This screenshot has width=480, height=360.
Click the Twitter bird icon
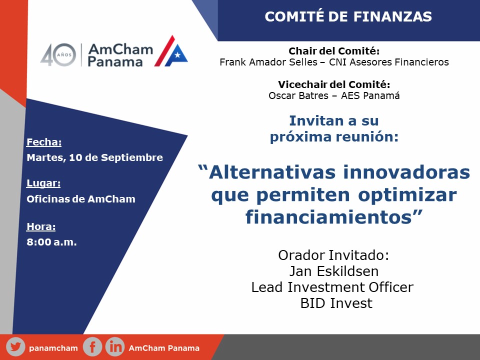click(15, 347)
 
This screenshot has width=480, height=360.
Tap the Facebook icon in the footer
click(92, 347)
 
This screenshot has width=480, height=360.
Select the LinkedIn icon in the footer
click(115, 347)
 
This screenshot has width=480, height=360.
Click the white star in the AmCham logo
click(177, 55)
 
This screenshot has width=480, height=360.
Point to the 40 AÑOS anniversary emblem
click(58, 55)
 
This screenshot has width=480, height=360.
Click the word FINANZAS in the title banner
click(392, 16)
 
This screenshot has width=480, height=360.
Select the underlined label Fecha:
click(44, 142)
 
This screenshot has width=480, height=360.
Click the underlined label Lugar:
click(43, 183)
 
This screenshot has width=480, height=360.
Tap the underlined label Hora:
click(41, 226)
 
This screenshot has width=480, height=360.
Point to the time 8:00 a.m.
click(51, 242)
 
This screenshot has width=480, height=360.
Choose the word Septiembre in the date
click(132, 157)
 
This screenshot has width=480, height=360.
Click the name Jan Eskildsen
click(334, 271)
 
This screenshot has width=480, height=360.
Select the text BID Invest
click(336, 303)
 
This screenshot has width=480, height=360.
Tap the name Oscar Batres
click(298, 95)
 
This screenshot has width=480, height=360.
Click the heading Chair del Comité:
click(334, 51)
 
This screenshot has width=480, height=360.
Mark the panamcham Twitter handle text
click(53, 348)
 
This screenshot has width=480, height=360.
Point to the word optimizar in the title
click(407, 195)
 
